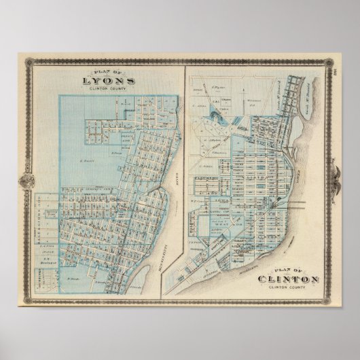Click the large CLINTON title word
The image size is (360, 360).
(289, 279)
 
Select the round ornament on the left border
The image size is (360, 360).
(27, 181)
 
